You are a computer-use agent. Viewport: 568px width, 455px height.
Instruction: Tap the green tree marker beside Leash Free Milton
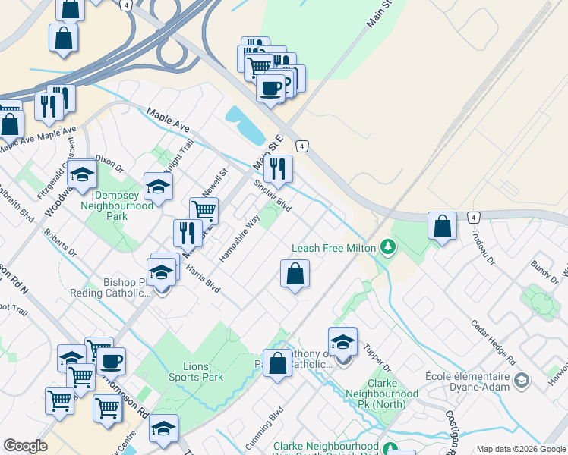click(388, 247)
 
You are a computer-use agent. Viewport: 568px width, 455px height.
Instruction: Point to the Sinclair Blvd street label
click(272, 196)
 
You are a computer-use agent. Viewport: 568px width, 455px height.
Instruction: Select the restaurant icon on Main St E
click(279, 169)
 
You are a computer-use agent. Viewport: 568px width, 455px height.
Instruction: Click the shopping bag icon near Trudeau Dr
click(442, 225)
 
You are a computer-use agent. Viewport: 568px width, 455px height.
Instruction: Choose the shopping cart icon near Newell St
click(204, 210)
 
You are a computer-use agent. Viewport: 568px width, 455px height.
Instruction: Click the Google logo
click(25, 446)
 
